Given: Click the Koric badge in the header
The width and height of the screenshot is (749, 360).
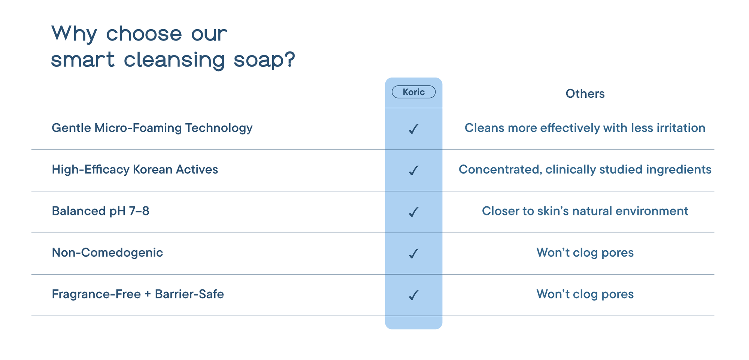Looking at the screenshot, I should tap(413, 92).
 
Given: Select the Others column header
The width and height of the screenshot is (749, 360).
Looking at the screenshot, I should tap(585, 94).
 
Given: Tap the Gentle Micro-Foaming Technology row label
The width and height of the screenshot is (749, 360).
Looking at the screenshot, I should tap(152, 128).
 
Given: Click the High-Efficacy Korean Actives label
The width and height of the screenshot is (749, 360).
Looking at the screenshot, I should tap(135, 170).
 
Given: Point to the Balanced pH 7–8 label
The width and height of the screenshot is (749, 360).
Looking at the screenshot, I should tap(100, 211).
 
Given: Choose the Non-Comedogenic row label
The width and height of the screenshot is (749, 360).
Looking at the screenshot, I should tap(107, 253).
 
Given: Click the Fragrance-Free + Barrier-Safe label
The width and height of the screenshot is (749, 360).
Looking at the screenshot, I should tap(138, 294).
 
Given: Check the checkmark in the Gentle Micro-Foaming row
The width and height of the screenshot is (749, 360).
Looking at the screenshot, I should tap(413, 129).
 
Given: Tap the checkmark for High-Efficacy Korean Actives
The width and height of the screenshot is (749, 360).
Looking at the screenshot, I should tap(413, 171).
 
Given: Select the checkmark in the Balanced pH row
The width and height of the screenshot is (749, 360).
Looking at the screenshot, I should tap(413, 212).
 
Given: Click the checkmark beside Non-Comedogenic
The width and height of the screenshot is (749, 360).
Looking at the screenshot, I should tap(413, 254).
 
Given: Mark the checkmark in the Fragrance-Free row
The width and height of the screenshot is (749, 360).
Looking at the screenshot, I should tap(413, 296).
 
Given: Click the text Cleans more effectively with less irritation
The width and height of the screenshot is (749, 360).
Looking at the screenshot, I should tap(585, 128).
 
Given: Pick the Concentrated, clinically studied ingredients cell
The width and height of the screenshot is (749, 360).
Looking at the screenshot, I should tap(585, 170).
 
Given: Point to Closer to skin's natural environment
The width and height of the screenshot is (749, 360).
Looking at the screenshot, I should tap(585, 211).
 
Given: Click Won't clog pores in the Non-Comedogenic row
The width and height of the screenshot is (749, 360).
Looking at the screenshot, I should tap(585, 253).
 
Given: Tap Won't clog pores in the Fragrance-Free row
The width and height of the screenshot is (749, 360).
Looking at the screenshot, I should tap(585, 294).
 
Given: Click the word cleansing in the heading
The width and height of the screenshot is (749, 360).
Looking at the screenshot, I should tap(175, 60).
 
